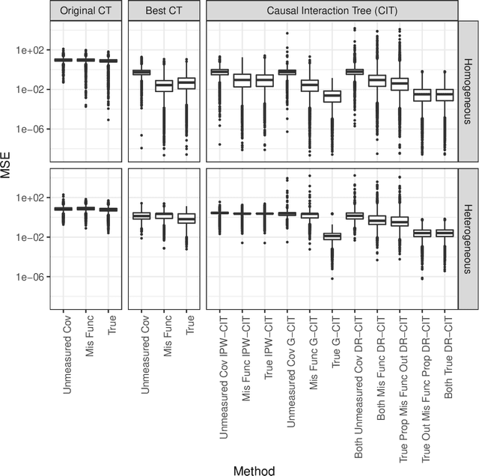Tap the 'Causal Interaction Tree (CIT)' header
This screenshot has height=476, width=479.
(332, 10)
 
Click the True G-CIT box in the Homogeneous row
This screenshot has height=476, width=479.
(332, 96)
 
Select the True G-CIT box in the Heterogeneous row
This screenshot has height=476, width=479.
(332, 237)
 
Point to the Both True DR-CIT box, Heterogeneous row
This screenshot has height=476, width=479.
(445, 234)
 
